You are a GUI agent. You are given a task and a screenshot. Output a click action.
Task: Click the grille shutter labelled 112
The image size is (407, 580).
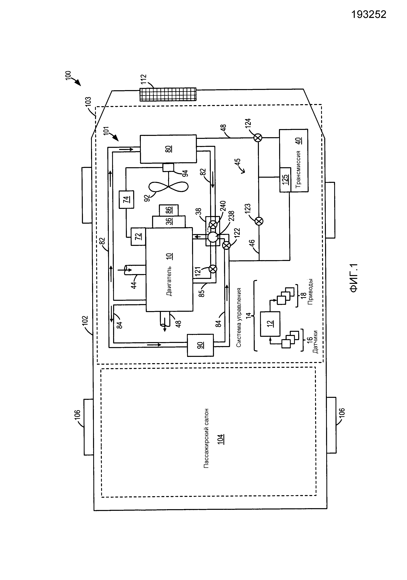[168, 94]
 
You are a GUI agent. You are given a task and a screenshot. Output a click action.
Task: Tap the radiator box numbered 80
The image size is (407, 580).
[168, 149]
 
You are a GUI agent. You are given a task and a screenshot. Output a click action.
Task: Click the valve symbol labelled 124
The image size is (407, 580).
[258, 138]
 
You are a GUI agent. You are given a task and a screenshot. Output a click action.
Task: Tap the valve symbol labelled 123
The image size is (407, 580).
[259, 221]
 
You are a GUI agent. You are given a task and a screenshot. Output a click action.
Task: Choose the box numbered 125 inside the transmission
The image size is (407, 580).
[285, 180]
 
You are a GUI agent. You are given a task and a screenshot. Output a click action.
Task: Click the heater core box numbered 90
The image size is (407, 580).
[200, 345]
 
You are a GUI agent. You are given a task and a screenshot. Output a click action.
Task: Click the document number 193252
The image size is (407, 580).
[369, 15]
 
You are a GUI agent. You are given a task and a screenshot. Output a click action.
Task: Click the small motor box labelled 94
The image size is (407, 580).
[168, 168]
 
